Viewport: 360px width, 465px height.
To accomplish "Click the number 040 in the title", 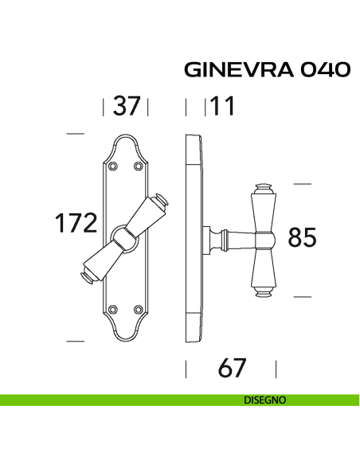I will [324, 70].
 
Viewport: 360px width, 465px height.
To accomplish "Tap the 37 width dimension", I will [126, 106].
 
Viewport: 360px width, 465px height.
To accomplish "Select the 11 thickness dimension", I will [222, 106].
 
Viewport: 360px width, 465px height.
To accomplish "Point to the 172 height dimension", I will [76, 224].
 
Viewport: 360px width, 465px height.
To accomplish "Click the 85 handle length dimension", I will [302, 237].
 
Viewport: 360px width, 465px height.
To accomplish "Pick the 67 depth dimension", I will [231, 369].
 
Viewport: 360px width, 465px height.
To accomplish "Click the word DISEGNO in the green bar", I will [265, 401].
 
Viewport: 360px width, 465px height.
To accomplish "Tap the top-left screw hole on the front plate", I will [112, 166].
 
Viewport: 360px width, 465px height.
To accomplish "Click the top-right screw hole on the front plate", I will [139, 166].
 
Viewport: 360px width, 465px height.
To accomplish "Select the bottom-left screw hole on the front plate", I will [112, 309].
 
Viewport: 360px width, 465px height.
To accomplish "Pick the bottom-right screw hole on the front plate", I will [139, 309].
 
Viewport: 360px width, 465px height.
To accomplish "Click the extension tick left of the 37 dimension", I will [104, 106].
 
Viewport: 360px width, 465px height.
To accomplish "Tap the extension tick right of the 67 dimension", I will [276, 369].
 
